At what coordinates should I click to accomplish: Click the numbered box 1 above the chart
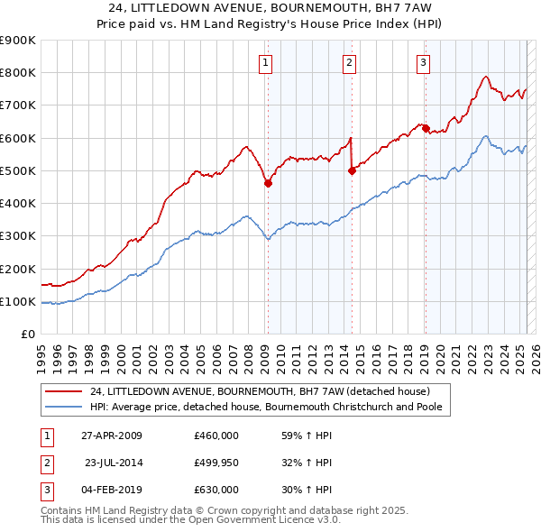(267, 62)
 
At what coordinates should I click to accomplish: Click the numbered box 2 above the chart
(349, 62)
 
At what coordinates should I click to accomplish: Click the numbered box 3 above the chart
(423, 62)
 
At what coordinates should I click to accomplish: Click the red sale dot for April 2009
(268, 183)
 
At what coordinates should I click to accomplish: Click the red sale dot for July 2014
(352, 170)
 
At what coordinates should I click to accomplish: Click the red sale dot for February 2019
(426, 128)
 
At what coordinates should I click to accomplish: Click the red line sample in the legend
(63, 391)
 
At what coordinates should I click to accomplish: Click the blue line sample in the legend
(63, 407)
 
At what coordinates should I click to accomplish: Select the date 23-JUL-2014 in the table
(114, 463)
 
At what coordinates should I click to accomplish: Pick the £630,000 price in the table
(215, 490)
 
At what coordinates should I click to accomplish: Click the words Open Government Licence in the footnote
(262, 520)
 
